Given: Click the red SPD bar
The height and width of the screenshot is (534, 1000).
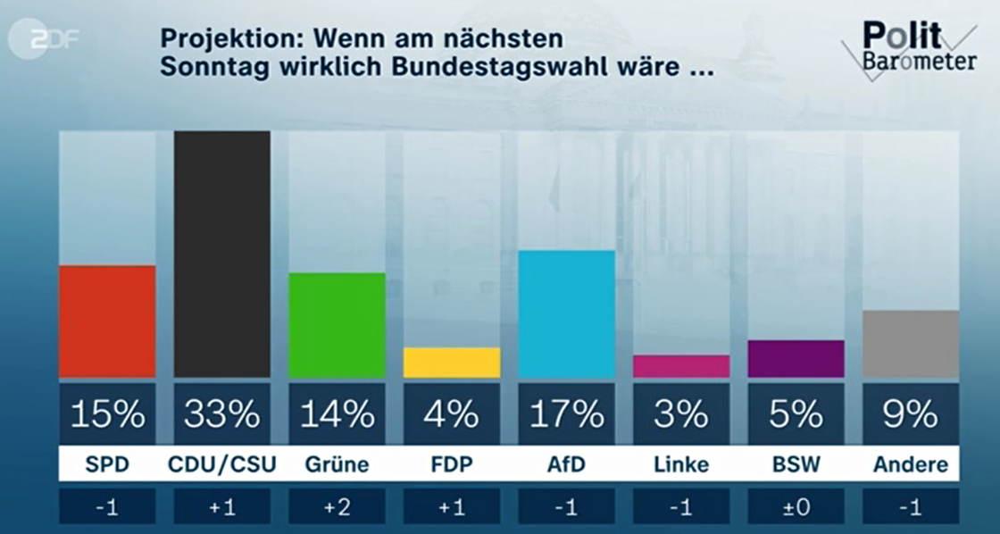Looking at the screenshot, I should tap(107, 321).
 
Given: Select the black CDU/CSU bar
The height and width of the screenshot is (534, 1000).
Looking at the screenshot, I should tap(222, 254).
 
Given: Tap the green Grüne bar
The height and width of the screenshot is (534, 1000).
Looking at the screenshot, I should tap(337, 325).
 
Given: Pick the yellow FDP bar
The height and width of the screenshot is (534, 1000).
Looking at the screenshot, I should tap(452, 363).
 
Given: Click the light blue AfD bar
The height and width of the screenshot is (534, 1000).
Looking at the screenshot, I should tap(567, 314).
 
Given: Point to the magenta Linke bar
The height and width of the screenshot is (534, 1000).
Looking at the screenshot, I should tap(681, 366).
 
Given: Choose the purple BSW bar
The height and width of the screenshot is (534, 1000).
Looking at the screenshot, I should tap(796, 359).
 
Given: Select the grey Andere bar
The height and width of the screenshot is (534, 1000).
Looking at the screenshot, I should tap(911, 344).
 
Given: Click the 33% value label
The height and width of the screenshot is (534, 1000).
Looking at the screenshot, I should tap(222, 413).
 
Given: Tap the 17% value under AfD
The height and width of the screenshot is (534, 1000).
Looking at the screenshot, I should tap(567, 413).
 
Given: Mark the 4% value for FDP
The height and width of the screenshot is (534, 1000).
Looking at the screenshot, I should tap(452, 413).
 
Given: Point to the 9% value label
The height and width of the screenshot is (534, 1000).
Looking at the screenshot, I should tap(911, 413).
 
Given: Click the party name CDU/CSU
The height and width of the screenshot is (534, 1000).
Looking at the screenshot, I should tap(222, 465).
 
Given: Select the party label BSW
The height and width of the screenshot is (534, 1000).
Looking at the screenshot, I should tap(796, 465).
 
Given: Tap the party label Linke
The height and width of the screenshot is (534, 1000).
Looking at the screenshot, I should tap(681, 465).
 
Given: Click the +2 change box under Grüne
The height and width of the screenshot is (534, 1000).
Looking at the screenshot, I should tap(337, 506).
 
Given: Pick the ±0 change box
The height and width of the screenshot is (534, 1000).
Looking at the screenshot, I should tap(796, 506).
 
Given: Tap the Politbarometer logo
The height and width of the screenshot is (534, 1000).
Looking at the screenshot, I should tap(907, 48).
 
